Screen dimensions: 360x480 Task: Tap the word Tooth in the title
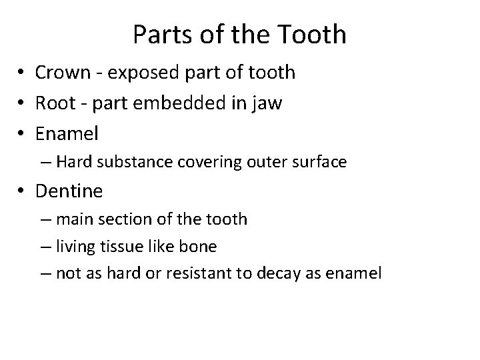(316, 34)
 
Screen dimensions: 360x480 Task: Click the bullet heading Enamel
(67, 133)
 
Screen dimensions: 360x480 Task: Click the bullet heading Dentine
(69, 191)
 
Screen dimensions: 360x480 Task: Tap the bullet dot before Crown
(23, 73)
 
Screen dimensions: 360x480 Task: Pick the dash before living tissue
(48, 246)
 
